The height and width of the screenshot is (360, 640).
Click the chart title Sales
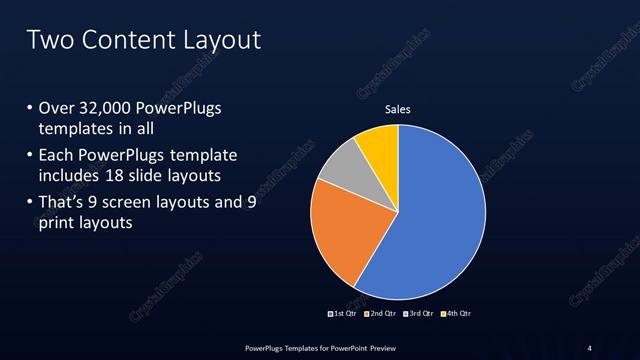point(398,109)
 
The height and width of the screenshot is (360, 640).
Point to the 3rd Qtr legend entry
point(421,313)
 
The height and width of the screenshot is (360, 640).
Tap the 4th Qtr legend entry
point(457,313)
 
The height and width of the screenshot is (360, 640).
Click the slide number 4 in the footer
point(590,347)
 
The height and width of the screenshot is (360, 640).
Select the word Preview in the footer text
point(379,347)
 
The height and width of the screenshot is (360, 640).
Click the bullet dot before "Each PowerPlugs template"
point(29,155)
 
